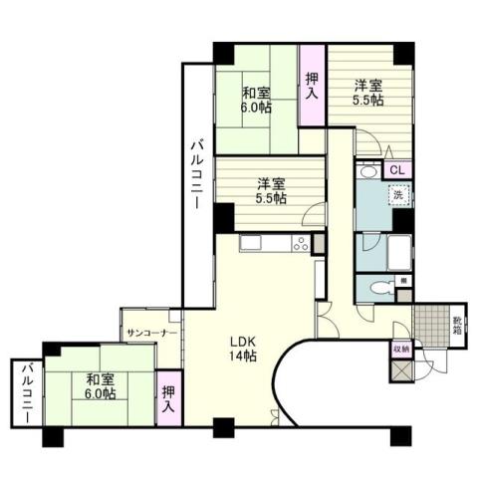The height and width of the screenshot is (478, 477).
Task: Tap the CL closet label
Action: coord(397,170)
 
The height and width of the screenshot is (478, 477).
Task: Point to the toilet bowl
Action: coord(377,289)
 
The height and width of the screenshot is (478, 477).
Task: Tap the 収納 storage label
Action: coord(400,350)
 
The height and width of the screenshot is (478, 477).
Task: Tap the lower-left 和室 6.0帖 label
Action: coord(99,386)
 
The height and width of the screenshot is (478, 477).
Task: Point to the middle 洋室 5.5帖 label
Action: coord(271,190)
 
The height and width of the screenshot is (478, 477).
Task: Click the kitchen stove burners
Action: coord(297,245)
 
